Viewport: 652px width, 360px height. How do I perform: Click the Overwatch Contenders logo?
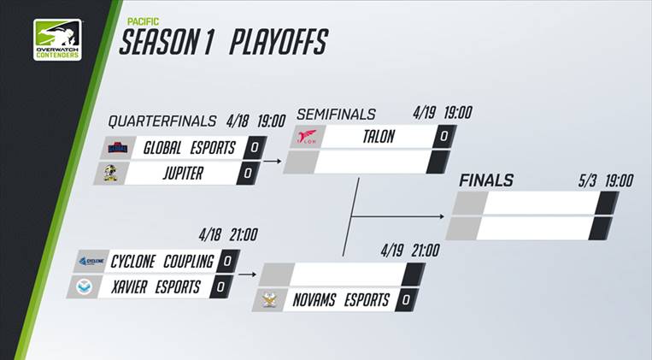coord(57,40)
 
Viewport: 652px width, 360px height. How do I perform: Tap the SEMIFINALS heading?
coord(336,114)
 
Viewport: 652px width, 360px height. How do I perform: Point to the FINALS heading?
coord(486,180)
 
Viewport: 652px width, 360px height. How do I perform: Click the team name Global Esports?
coord(189,147)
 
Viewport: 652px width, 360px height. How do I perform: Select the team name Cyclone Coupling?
coord(162,261)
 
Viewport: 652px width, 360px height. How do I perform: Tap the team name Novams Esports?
coord(343,299)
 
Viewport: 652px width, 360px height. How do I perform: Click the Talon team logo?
coord(309,137)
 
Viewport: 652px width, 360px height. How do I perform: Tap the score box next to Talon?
coord(443,136)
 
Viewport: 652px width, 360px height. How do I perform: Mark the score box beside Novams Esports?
coord(408,299)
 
